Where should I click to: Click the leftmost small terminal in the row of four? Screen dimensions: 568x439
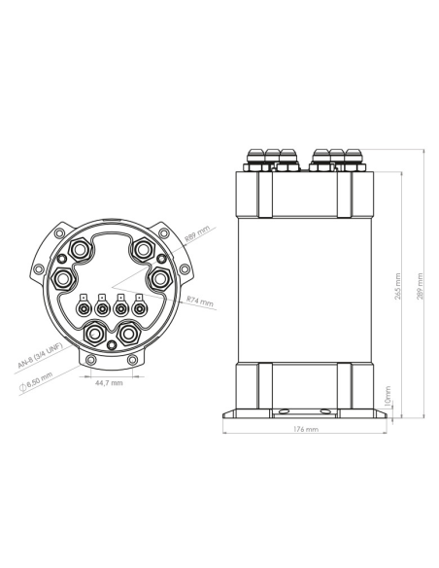tap(84, 310)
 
